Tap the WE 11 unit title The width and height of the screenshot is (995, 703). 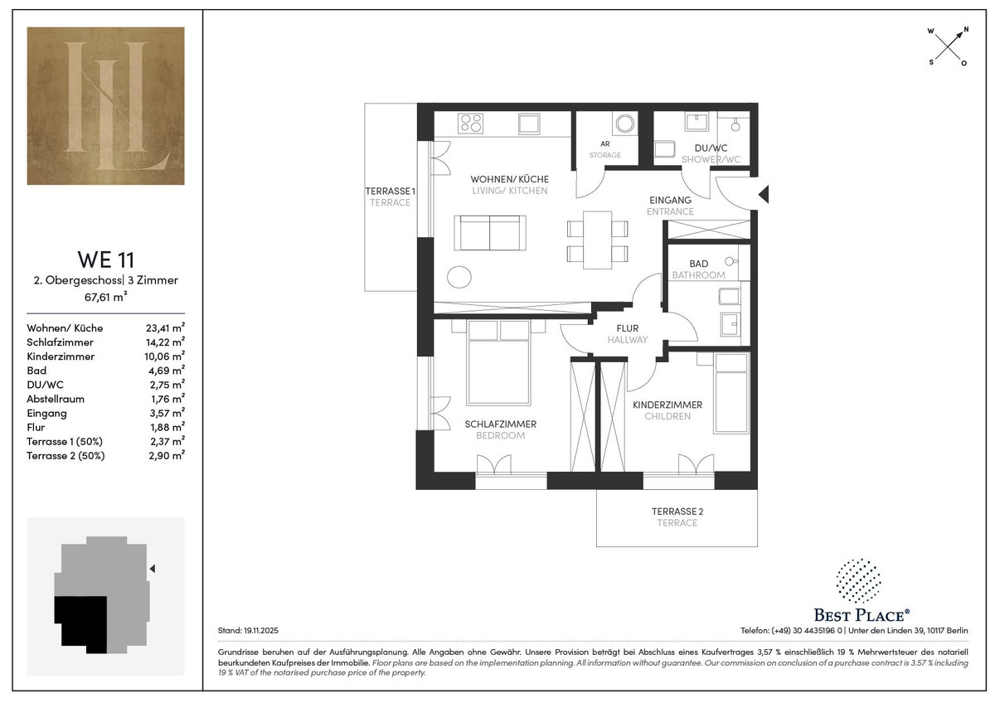[x=106, y=259]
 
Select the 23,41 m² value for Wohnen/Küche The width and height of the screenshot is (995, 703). [x=165, y=327]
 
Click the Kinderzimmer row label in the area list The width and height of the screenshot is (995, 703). [x=61, y=356]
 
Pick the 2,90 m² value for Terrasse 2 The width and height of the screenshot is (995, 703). [x=167, y=455]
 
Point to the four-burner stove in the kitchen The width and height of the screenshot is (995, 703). [x=471, y=123]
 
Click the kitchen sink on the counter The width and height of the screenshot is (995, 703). [x=529, y=123]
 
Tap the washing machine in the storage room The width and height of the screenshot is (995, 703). [x=625, y=124]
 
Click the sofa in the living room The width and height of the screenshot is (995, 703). [x=490, y=233]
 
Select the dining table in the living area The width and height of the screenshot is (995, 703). [x=598, y=240]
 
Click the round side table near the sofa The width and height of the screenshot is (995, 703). [x=459, y=277]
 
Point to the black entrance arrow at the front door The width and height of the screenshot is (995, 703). [x=764, y=195]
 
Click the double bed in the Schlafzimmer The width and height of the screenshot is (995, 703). [x=498, y=363]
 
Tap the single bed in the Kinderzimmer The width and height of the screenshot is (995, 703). [x=731, y=393]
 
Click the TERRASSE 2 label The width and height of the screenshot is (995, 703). [x=677, y=511]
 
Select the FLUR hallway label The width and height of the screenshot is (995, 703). [x=627, y=328]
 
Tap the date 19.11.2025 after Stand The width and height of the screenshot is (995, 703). [x=261, y=630]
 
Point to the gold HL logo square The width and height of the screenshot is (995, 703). [x=106, y=105]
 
